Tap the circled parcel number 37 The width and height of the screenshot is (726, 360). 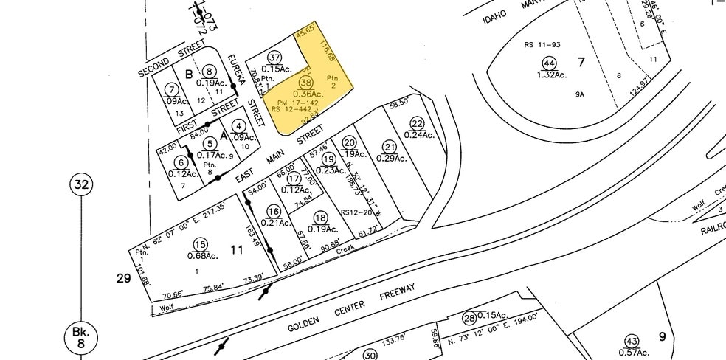(x=274, y=58)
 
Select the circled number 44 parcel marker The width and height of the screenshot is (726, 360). (x=547, y=63)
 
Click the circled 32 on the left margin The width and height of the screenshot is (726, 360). (x=81, y=185)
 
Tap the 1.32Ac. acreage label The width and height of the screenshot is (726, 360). (x=547, y=75)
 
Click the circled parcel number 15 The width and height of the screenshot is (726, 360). (x=200, y=244)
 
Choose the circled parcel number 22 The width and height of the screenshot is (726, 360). (x=417, y=123)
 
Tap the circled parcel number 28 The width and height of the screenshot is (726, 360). (x=469, y=318)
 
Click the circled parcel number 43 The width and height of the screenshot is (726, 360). (x=631, y=341)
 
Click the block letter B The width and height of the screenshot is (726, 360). (x=189, y=74)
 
